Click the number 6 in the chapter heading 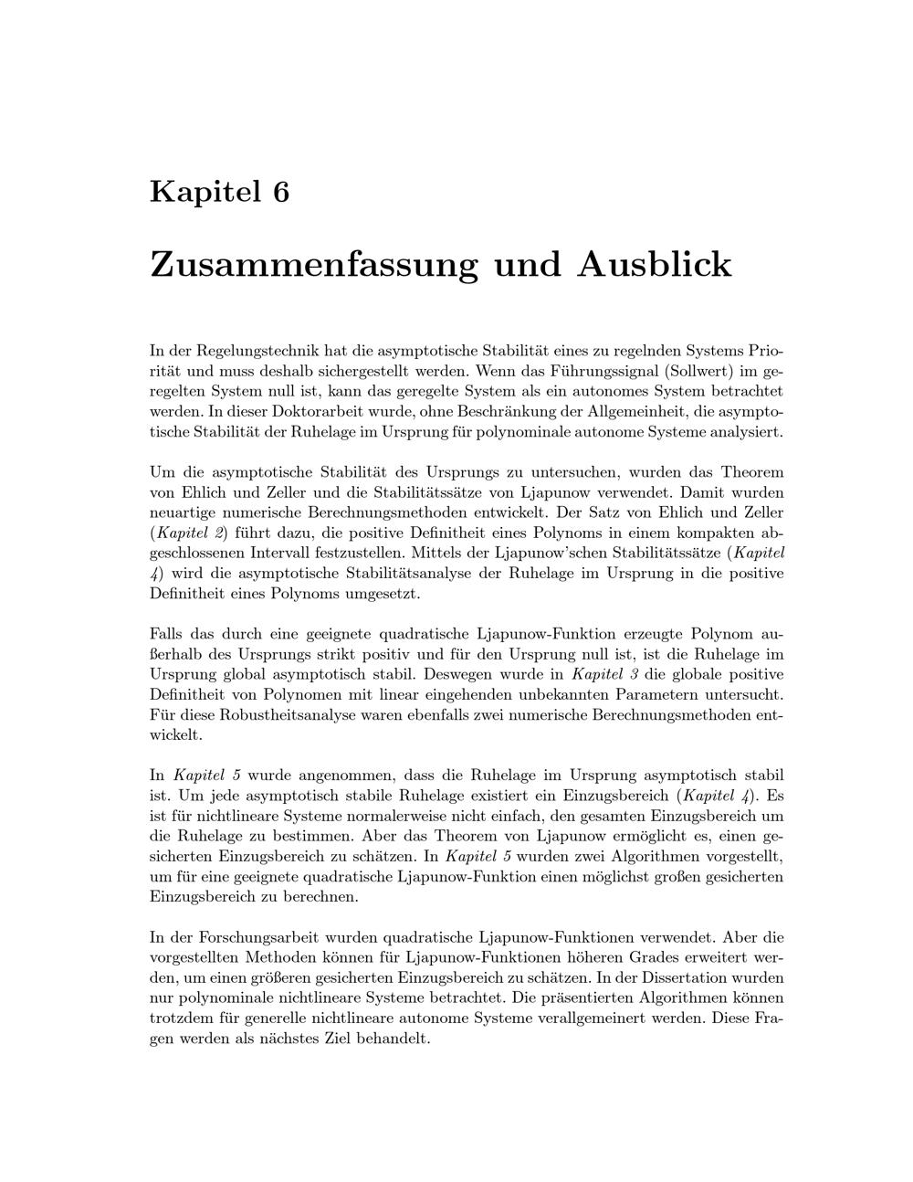click(x=280, y=192)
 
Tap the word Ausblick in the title click(x=654, y=265)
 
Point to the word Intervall click(x=296, y=553)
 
